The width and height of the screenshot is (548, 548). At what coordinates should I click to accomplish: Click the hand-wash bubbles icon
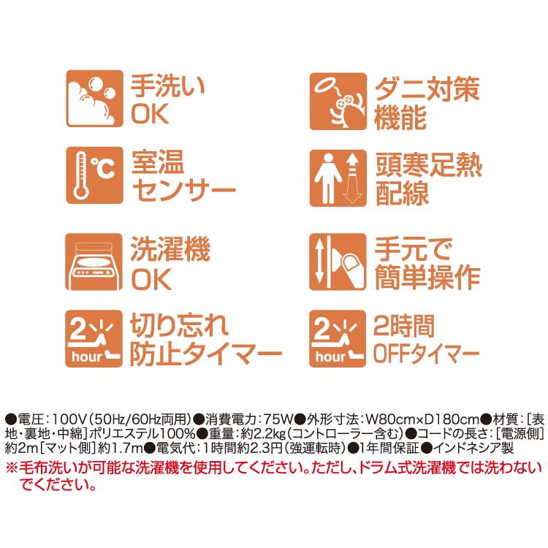click(x=95, y=99)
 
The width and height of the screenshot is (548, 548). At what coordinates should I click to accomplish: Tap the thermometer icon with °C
click(x=95, y=175)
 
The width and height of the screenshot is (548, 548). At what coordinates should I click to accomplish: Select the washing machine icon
click(x=94, y=262)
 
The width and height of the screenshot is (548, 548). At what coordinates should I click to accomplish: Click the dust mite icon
click(x=338, y=102)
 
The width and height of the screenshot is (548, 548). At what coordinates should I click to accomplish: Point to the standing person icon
click(x=338, y=178)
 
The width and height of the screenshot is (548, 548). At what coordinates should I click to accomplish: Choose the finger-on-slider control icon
click(x=338, y=262)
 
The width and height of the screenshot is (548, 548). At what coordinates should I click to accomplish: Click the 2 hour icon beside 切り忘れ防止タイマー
click(x=94, y=338)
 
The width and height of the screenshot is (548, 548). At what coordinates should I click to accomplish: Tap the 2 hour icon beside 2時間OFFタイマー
click(x=338, y=338)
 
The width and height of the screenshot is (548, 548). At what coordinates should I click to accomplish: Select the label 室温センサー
click(x=183, y=176)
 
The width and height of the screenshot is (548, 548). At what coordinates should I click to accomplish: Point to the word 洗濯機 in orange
click(x=170, y=249)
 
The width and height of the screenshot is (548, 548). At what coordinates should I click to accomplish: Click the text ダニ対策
click(x=427, y=89)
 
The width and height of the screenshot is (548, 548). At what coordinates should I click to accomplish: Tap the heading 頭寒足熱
click(x=429, y=165)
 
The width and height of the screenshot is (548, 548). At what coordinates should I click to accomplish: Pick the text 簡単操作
click(x=427, y=278)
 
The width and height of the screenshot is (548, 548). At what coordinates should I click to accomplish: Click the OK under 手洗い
click(x=150, y=113)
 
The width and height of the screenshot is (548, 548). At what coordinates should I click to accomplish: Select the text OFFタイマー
click(x=426, y=354)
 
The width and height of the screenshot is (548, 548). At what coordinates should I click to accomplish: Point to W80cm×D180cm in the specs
click(x=423, y=419)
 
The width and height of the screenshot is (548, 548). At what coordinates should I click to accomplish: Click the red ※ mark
click(x=12, y=468)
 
